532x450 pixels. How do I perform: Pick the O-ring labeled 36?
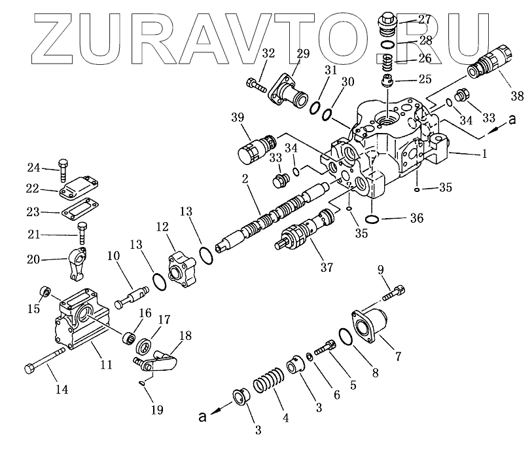coord(372,218)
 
